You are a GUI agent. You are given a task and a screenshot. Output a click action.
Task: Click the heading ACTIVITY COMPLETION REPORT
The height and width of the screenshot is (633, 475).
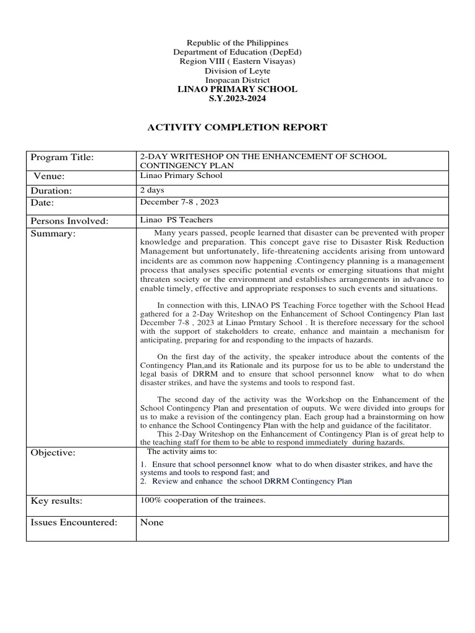[237, 128]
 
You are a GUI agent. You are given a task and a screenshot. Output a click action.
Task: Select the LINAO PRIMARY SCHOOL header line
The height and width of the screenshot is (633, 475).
[237, 90]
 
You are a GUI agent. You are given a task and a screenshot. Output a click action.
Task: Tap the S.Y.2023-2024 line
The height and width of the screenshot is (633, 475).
[237, 99]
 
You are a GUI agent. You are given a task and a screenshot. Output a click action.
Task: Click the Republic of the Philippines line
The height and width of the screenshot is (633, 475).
[237, 43]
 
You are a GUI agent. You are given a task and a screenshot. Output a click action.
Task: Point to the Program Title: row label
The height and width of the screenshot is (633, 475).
[62, 158]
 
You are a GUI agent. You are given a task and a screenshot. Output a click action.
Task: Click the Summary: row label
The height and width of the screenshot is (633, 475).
[53, 234]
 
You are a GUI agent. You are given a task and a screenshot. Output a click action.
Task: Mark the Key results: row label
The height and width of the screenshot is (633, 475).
[57, 500]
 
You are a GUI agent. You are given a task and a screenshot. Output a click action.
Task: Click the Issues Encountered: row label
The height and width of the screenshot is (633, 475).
[74, 522]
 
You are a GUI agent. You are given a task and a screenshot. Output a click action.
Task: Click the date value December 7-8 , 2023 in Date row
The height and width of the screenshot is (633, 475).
[179, 202]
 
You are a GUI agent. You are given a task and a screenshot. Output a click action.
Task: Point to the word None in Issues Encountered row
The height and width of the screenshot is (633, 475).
[152, 522]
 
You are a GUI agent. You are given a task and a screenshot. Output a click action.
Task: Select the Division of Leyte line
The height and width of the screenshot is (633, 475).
[237, 71]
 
